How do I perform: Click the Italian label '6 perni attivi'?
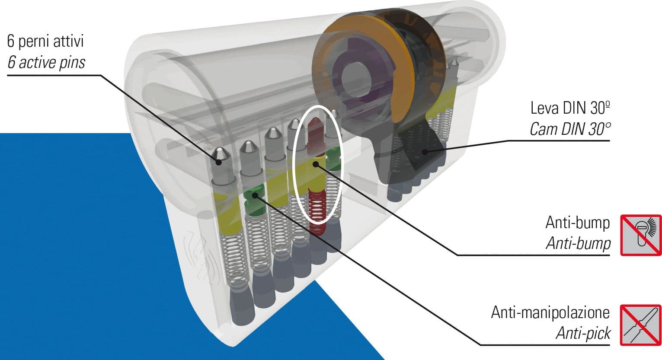(45, 41)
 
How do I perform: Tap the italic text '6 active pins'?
(46, 62)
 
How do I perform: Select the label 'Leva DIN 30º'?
(570, 108)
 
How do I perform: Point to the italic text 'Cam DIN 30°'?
(570, 129)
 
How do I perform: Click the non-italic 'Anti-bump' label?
(578, 223)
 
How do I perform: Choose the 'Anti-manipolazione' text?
(550, 312)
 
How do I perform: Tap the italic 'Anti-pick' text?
(583, 333)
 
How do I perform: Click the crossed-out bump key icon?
(641, 235)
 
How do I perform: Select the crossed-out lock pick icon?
(641, 325)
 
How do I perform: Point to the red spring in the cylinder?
(317, 211)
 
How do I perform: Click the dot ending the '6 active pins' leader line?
(219, 162)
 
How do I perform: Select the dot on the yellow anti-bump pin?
(316, 164)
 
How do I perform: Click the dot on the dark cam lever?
(425, 152)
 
